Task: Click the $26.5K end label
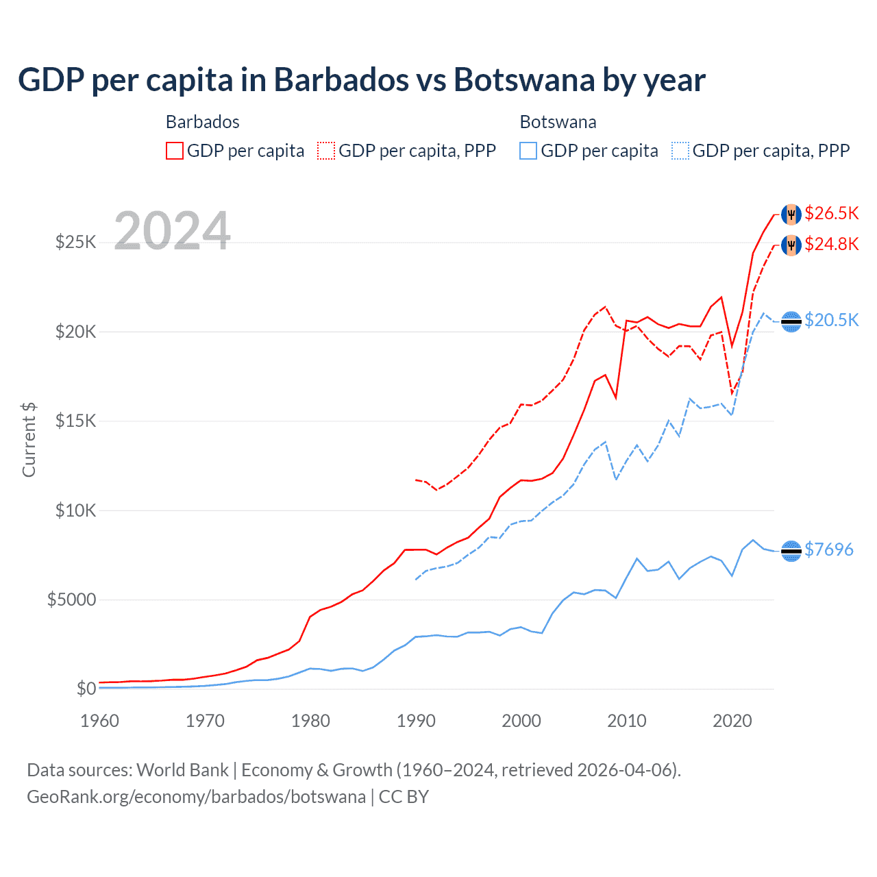(831, 213)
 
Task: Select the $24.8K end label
(831, 244)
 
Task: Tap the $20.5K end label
(831, 320)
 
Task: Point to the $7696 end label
(828, 549)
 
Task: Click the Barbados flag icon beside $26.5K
(791, 214)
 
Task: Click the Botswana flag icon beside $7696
(791, 551)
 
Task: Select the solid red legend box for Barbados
(175, 151)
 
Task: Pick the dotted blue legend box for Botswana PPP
(680, 151)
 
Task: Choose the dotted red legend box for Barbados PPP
(326, 151)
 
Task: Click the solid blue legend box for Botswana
(528, 151)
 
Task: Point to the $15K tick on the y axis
(76, 421)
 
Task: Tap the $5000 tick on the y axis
(71, 600)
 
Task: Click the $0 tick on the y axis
(86, 689)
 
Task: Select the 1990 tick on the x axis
(416, 721)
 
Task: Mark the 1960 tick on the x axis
(100, 721)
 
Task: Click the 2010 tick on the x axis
(627, 721)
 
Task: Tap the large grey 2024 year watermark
(172, 231)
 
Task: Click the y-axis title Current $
(29, 439)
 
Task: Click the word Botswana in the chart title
(524, 80)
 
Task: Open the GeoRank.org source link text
(196, 797)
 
